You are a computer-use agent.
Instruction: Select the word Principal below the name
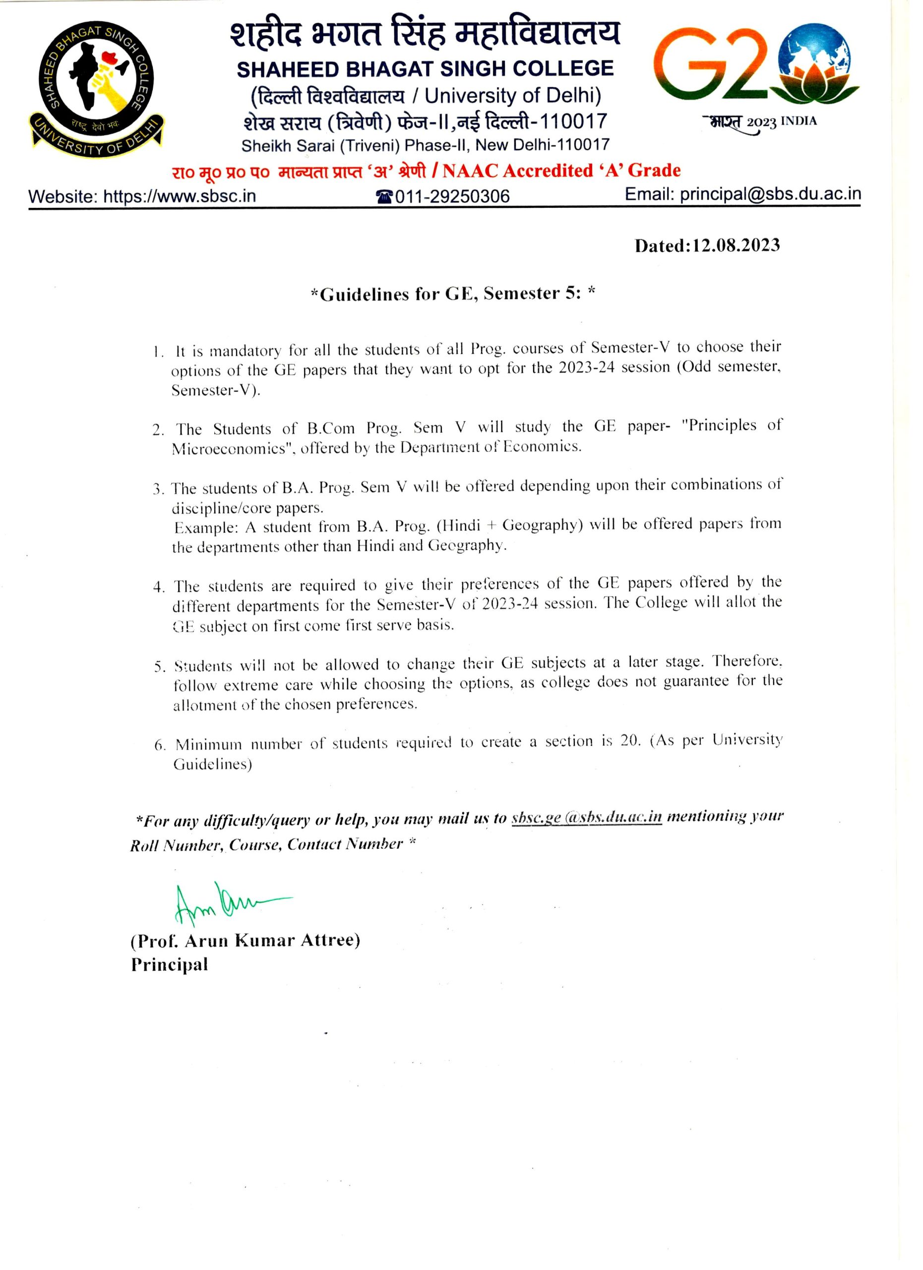click(x=170, y=964)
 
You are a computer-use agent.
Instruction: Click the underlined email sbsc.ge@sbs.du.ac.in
click(x=586, y=818)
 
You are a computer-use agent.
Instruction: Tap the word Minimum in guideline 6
click(x=208, y=745)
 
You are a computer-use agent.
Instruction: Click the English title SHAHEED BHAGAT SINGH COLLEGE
click(x=425, y=69)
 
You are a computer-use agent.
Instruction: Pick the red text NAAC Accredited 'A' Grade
click(x=561, y=170)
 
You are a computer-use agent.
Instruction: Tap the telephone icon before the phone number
click(x=384, y=196)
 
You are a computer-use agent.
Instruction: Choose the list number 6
click(x=160, y=745)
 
